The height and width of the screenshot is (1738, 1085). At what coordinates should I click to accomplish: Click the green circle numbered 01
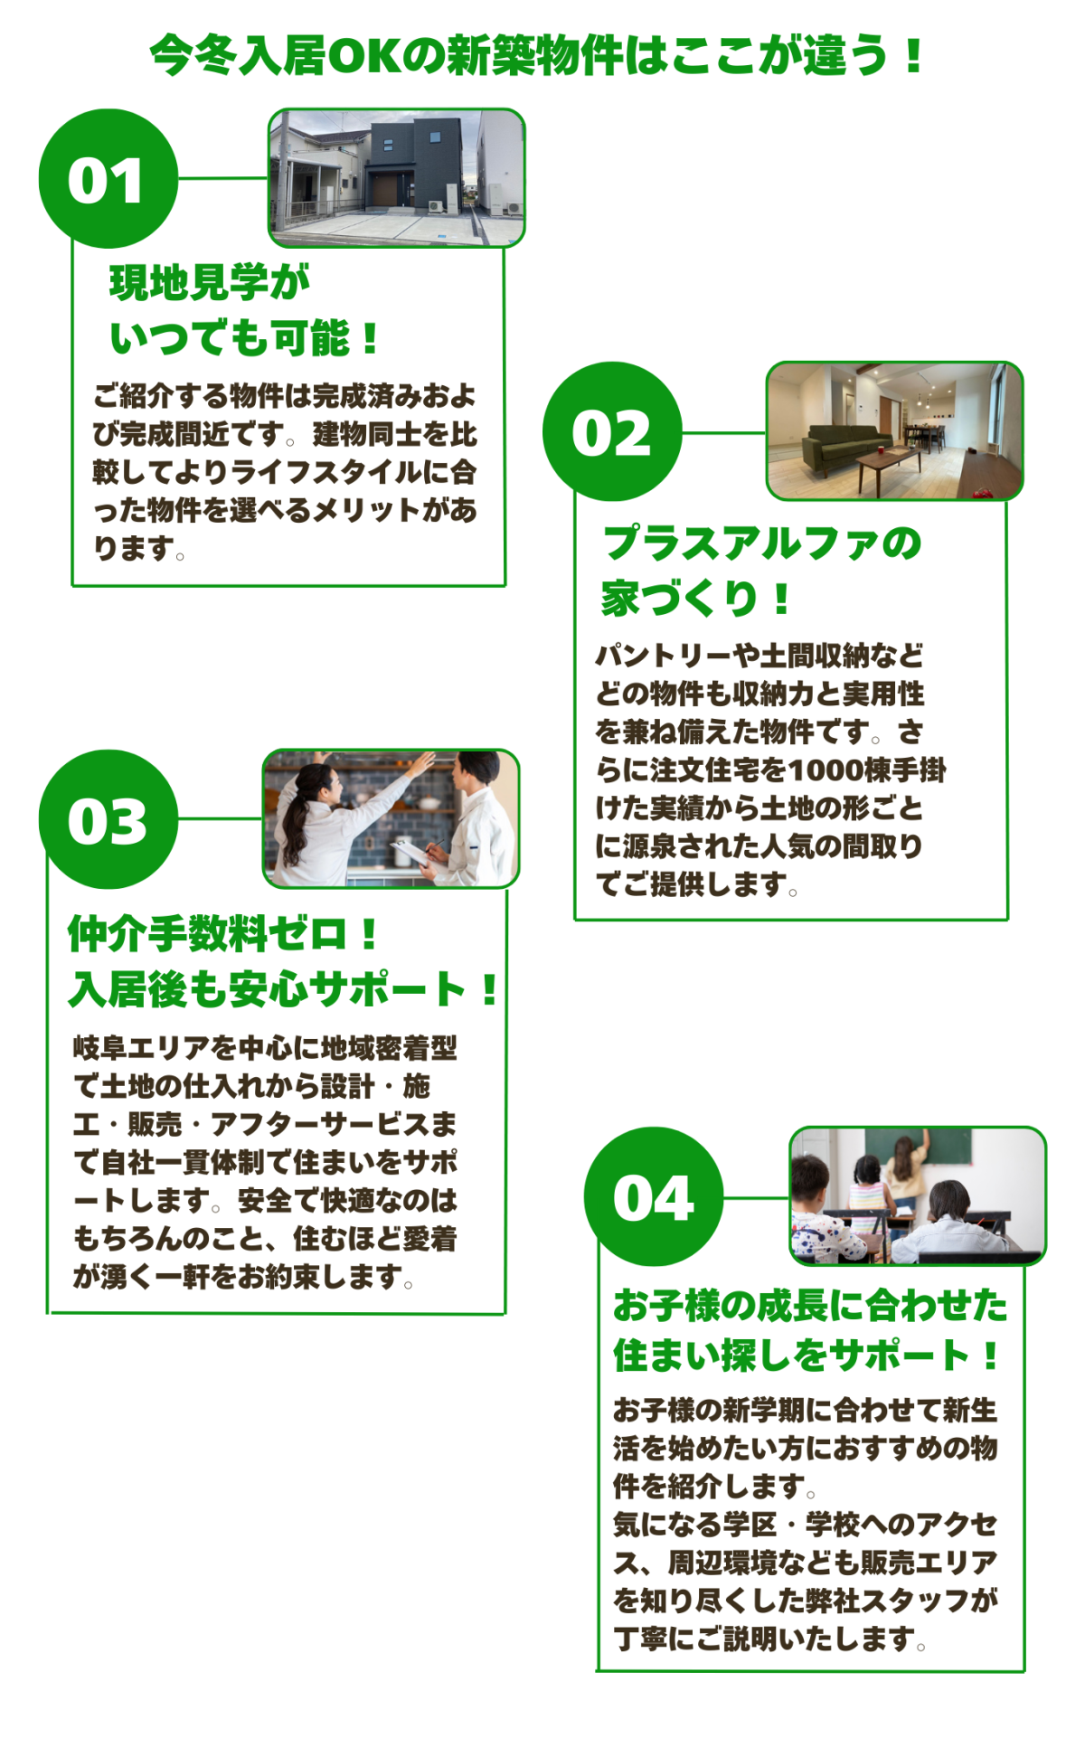108,179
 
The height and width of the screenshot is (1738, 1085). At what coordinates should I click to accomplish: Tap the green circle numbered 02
612,432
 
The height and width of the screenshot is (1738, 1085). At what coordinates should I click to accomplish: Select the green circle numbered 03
108,819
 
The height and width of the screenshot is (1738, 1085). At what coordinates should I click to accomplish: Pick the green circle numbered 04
654,1197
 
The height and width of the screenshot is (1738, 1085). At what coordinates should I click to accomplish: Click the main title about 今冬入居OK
537,55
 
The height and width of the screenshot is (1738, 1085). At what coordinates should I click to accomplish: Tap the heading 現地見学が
210,282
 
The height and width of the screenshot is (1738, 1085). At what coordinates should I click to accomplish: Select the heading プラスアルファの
761,543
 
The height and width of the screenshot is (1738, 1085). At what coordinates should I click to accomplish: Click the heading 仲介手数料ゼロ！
223,933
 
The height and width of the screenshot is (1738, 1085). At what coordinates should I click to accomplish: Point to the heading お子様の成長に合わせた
810,1305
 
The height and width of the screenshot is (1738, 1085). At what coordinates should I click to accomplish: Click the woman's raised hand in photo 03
421,767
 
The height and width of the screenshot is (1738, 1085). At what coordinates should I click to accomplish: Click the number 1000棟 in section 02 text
826,770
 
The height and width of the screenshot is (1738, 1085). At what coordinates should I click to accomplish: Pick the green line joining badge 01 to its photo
223,178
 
